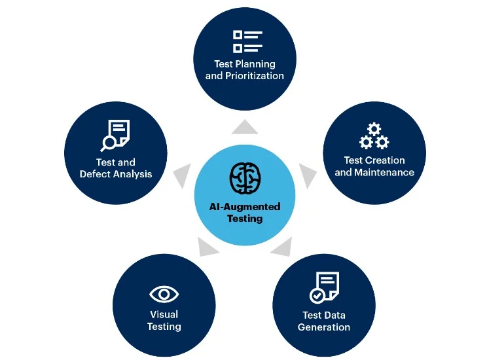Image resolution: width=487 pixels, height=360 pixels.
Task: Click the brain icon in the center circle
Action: point(245,177)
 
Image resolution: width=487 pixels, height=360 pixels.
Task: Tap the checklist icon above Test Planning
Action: point(247,41)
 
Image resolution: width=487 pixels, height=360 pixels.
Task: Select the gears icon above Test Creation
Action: point(374,136)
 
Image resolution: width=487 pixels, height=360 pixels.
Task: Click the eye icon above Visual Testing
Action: point(164,294)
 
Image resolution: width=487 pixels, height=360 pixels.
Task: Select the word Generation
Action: point(324,327)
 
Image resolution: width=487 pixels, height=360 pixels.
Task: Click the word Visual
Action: point(164,315)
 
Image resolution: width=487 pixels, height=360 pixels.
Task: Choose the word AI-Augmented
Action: point(245,207)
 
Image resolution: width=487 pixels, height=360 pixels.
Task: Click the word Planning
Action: point(255,64)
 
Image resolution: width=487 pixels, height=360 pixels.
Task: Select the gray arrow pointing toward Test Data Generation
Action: point(281,247)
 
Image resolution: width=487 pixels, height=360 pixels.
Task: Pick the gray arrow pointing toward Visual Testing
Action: point(207,247)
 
